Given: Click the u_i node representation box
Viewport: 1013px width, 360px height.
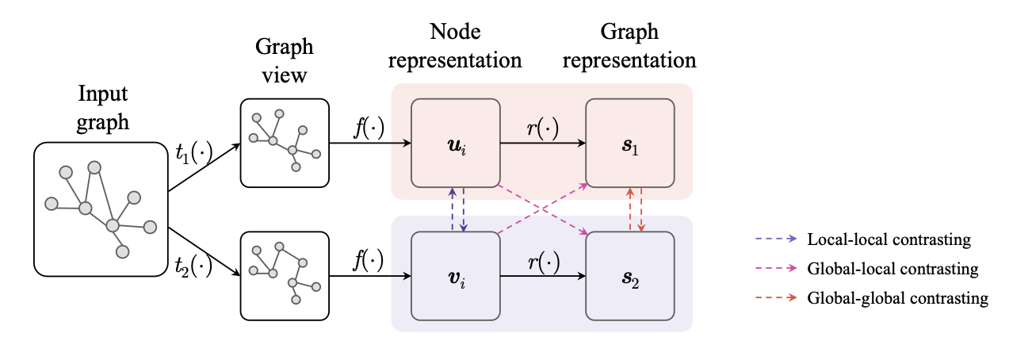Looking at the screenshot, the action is point(456,143).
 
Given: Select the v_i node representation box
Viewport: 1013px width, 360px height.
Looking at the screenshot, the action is point(456,276).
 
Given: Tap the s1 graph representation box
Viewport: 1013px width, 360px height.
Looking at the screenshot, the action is point(630,143).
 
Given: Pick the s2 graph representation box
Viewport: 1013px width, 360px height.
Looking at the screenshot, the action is point(630,276).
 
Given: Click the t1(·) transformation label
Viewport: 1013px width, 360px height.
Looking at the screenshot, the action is point(193,153).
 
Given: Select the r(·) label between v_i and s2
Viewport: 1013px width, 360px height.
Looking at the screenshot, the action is point(544,262).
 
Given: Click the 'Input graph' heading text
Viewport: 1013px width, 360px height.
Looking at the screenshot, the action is point(103,108).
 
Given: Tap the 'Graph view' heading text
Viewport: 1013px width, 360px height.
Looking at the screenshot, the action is point(284,60).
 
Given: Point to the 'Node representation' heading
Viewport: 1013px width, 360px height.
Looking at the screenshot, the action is point(455,46).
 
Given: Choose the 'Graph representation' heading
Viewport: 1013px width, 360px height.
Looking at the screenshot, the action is point(629,46).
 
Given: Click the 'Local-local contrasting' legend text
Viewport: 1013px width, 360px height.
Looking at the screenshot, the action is point(889,239).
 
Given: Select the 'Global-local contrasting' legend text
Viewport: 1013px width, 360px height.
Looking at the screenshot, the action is point(893,269).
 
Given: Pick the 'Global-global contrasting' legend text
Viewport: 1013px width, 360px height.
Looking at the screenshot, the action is point(898,298).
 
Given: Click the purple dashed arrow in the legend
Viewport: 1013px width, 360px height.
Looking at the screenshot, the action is point(776,239).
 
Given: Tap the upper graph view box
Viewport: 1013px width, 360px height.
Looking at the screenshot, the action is point(285,143).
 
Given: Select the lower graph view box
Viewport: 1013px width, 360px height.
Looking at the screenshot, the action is point(285,276).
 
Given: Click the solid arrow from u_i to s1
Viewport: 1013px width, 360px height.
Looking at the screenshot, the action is point(543,143).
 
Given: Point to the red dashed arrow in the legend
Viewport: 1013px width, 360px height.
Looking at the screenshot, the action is point(776,297).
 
